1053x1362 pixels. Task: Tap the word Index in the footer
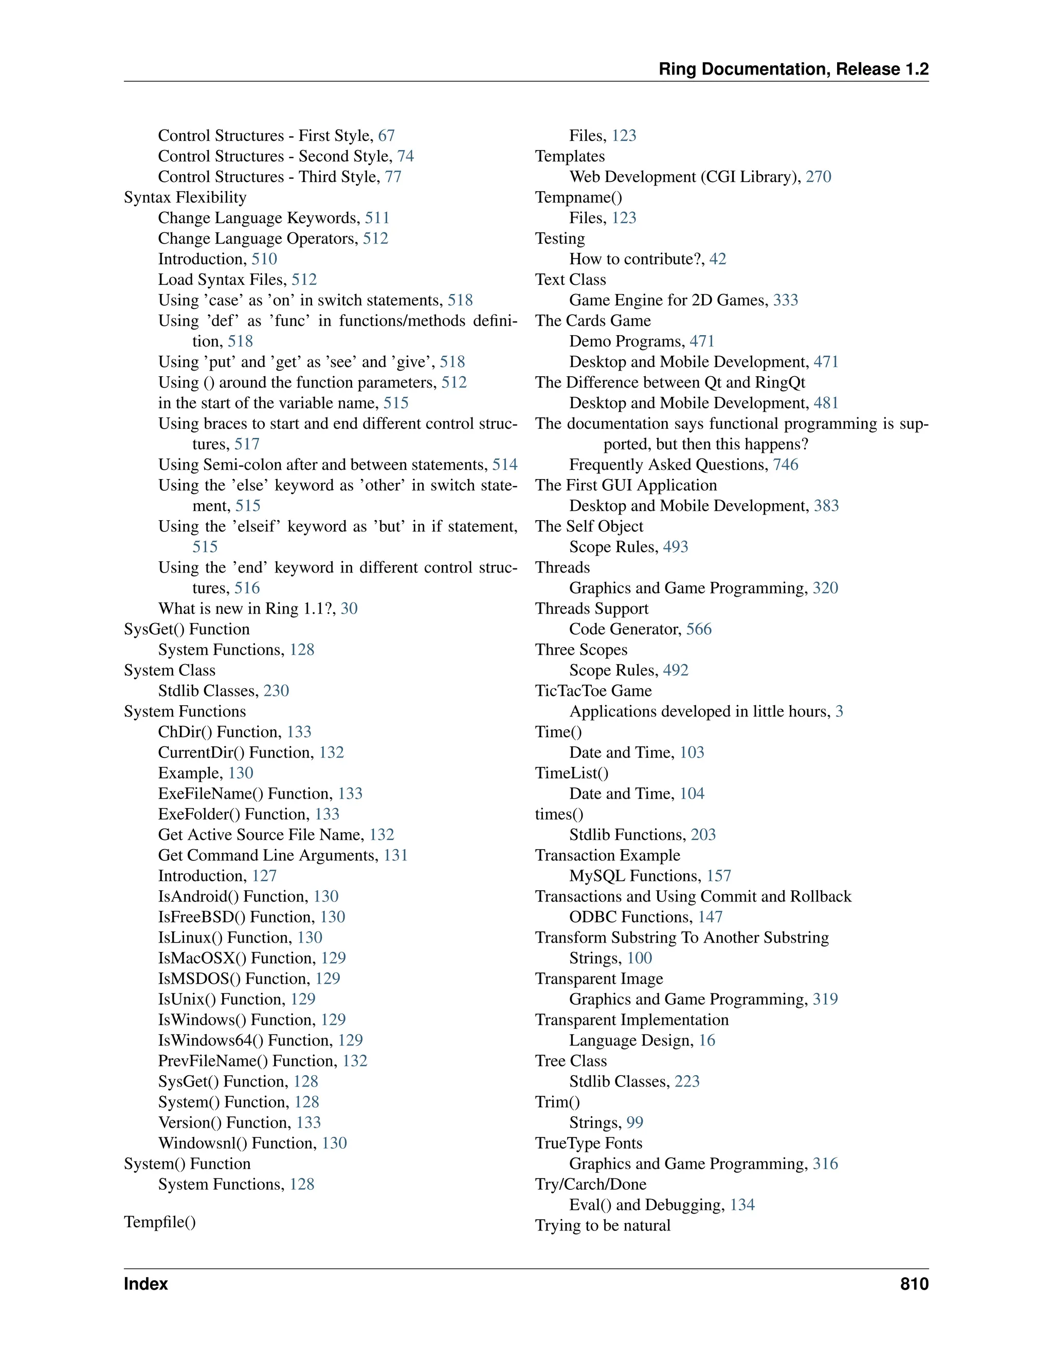click(146, 1284)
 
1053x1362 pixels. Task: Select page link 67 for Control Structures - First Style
click(386, 136)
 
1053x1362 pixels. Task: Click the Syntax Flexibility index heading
click(185, 198)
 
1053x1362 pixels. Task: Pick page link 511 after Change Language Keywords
click(377, 218)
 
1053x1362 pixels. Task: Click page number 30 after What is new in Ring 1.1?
click(349, 609)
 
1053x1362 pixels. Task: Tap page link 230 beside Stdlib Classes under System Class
click(276, 691)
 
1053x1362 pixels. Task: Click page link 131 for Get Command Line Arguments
click(395, 856)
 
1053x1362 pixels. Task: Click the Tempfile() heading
click(160, 1222)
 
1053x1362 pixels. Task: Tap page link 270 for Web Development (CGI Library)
click(818, 177)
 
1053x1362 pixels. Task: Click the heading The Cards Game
click(593, 321)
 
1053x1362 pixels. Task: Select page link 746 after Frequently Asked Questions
click(786, 465)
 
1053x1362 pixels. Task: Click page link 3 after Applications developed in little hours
click(839, 711)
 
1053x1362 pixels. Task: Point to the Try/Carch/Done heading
click(590, 1185)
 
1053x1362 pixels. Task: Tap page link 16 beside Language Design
click(707, 1041)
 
